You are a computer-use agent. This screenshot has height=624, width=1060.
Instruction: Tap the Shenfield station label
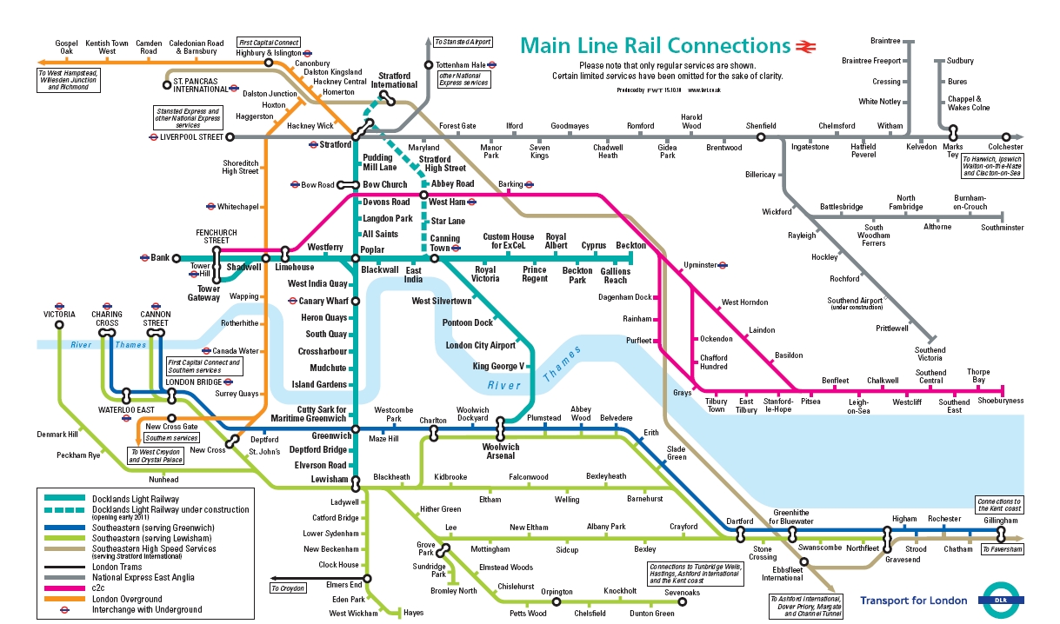(760, 126)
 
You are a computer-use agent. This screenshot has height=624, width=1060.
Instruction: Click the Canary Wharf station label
(323, 301)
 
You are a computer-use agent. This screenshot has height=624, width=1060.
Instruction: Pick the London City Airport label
(480, 345)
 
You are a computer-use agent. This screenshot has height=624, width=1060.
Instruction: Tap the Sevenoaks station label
(682, 593)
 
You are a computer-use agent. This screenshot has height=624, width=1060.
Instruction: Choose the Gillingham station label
(1000, 520)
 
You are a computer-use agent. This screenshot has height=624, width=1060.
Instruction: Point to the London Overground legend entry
(127, 599)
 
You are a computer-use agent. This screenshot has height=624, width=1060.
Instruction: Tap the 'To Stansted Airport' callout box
(462, 42)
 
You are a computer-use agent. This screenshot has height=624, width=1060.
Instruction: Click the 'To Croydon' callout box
(288, 588)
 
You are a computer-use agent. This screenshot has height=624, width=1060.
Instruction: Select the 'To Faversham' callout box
(1001, 549)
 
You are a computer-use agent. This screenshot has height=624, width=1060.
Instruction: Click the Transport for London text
(913, 601)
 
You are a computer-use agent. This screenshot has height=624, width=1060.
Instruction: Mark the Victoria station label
(59, 314)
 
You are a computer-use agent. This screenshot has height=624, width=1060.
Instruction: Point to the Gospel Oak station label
(66, 47)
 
